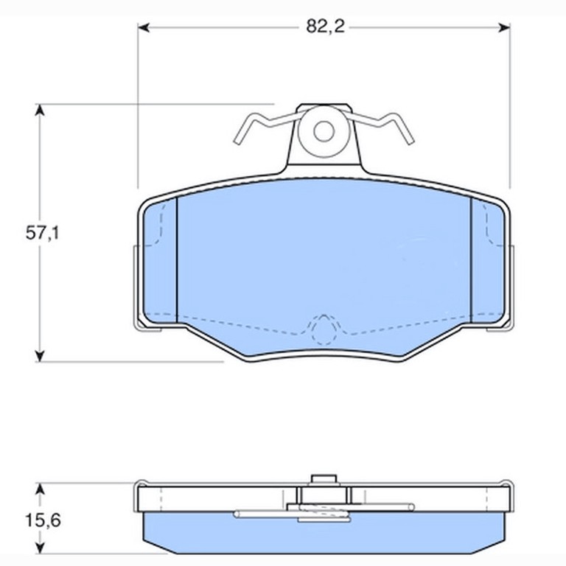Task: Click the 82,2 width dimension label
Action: (325, 27)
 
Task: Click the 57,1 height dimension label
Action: (42, 233)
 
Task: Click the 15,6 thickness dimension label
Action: (43, 520)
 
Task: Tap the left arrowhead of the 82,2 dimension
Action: (144, 27)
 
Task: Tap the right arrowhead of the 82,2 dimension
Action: (504, 27)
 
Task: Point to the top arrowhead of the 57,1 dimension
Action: (40, 110)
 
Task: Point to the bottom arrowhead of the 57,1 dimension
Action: (40, 356)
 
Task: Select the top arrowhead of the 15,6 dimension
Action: (41, 489)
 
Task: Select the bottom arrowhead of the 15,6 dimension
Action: (41, 548)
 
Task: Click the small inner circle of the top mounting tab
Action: (324, 131)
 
